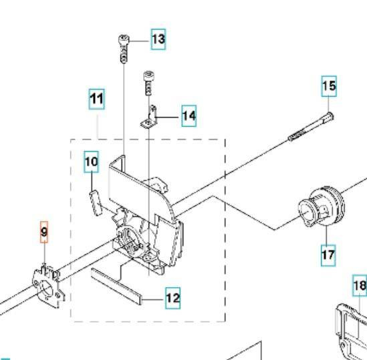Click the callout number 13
pos(158,39)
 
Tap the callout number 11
pos(97,99)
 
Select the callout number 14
pos(189,116)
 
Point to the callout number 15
pos(329,86)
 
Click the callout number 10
pos(92,162)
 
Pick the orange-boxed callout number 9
pos(44,232)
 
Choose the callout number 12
pos(173,299)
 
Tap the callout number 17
pos(328,255)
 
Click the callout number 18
pos(360,286)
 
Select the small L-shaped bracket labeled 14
pos(149,118)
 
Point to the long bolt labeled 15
pos(311,126)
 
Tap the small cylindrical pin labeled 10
pos(96,202)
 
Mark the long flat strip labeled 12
pos(116,286)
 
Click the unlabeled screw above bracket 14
pos(148,83)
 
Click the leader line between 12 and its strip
pos(154,299)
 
